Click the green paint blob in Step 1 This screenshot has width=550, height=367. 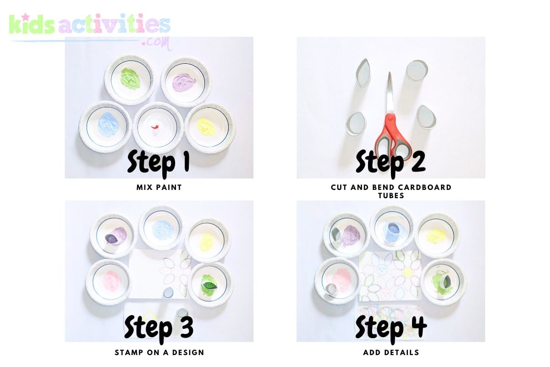click(x=130, y=78)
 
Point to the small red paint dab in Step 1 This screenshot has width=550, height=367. click(x=155, y=127)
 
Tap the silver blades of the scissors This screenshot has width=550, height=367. click(x=390, y=94)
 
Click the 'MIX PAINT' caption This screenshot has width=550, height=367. click(x=159, y=188)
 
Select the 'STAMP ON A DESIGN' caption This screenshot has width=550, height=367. click(x=159, y=352)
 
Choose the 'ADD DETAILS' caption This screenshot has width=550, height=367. click(x=391, y=352)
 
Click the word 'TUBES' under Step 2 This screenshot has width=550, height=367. click(x=391, y=196)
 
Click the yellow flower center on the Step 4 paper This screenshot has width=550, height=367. click(x=408, y=272)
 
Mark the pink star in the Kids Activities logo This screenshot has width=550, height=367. click(x=26, y=17)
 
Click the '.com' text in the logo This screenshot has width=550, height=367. click(x=157, y=43)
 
